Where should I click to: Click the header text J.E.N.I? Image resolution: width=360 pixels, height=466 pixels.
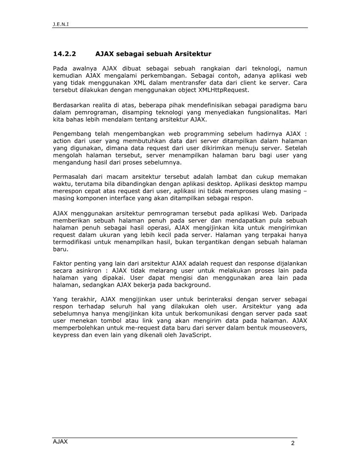[x=61, y=24]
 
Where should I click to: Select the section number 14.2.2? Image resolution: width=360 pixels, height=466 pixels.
[x=64, y=54]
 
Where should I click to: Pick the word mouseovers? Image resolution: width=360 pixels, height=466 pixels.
[x=288, y=328]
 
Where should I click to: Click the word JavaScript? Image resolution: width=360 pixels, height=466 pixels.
[x=195, y=335]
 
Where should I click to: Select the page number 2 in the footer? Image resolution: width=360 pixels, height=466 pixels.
[x=292, y=443]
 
